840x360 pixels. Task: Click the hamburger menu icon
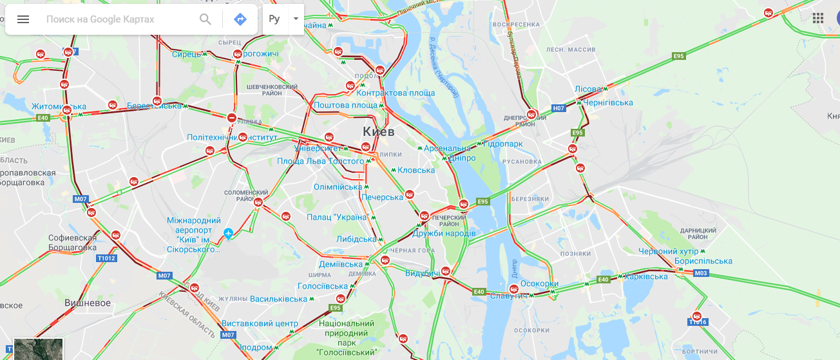click(x=23, y=19)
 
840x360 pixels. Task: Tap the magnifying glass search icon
click(x=205, y=19)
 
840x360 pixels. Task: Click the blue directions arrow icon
click(x=240, y=19)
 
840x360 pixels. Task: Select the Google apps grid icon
click(x=818, y=18)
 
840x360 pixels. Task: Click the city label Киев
click(x=378, y=131)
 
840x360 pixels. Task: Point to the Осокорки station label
click(x=539, y=284)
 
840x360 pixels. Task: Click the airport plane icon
click(x=228, y=233)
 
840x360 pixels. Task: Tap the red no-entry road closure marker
click(x=232, y=118)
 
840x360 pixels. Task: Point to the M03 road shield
click(x=702, y=273)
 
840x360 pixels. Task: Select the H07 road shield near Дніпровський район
click(x=558, y=108)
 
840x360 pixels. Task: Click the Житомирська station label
click(x=59, y=106)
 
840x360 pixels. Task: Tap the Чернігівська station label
click(x=608, y=102)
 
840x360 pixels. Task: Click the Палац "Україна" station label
click(x=336, y=217)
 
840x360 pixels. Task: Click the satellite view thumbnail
click(x=39, y=350)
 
